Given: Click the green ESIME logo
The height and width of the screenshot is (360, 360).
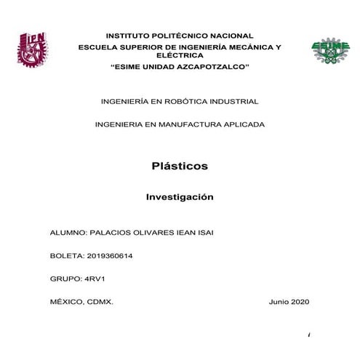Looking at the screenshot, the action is (325, 49).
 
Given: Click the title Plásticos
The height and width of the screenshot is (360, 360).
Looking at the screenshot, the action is (180, 166).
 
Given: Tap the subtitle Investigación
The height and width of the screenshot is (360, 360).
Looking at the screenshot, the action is (180, 196).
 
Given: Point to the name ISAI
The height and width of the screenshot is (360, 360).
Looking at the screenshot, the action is (204, 233).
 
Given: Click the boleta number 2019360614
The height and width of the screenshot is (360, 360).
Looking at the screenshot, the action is (108, 256).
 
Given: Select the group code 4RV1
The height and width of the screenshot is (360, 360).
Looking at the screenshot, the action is (95, 279).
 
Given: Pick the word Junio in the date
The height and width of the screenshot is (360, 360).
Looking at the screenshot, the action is (279, 301).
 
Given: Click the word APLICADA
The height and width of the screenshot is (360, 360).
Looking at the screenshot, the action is (242, 124).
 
